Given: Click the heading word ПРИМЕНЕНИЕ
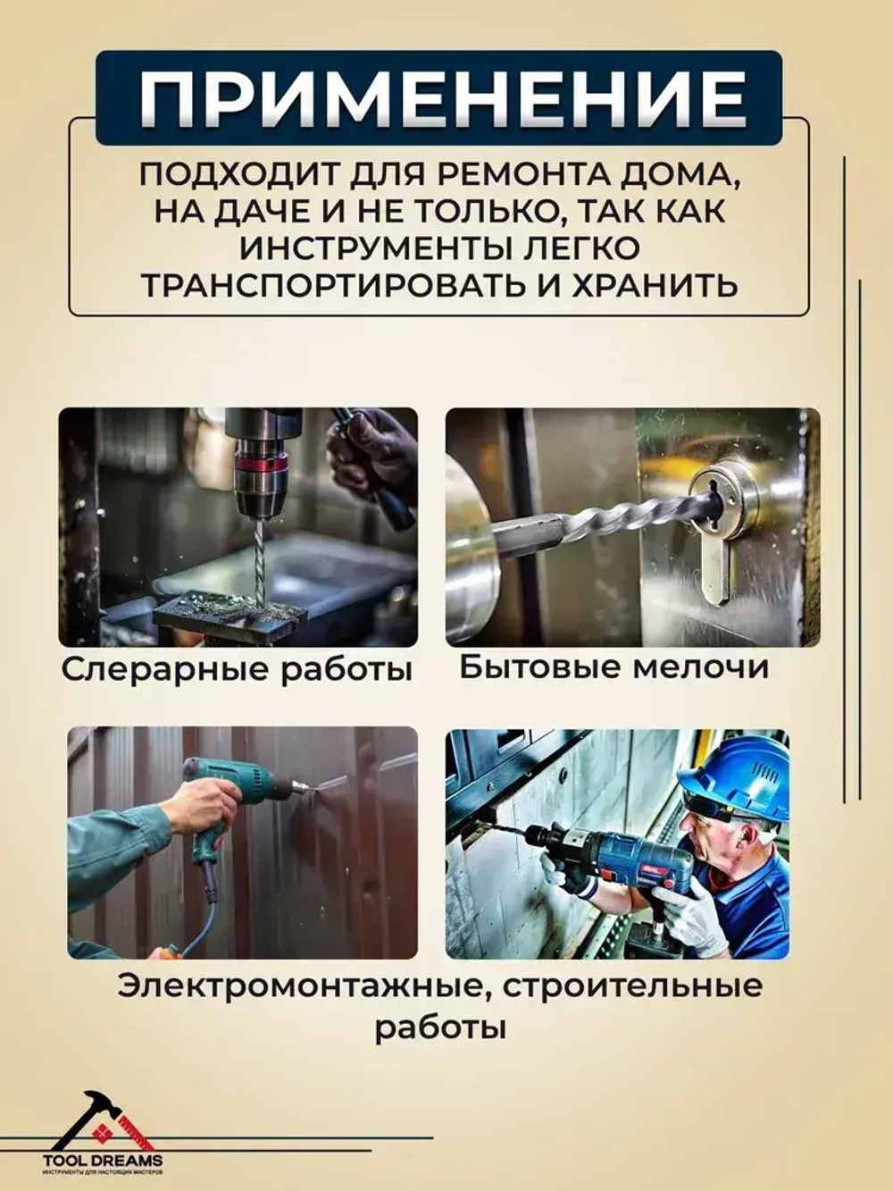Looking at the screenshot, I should (444, 97).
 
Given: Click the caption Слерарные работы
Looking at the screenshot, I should (237, 669).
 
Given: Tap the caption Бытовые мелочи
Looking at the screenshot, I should (613, 667).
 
